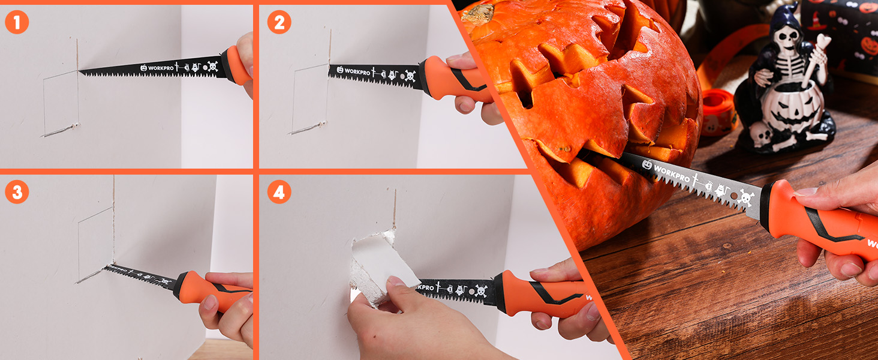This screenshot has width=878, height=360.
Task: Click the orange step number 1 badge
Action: click(17, 22)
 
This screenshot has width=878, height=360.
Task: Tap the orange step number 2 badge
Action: click(279, 22)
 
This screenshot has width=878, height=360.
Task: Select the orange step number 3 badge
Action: click(17, 192)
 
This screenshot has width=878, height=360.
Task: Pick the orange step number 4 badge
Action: click(279, 192)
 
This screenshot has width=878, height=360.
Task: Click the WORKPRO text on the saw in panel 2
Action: click(351, 70)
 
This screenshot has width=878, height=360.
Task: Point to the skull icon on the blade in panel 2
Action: click(410, 76)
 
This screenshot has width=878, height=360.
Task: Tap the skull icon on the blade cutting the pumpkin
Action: click(745, 197)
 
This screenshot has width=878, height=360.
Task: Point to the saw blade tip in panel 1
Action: click(81, 73)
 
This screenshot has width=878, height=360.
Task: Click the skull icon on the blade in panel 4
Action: click(481, 291)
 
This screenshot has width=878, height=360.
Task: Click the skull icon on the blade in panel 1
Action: click(212, 66)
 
